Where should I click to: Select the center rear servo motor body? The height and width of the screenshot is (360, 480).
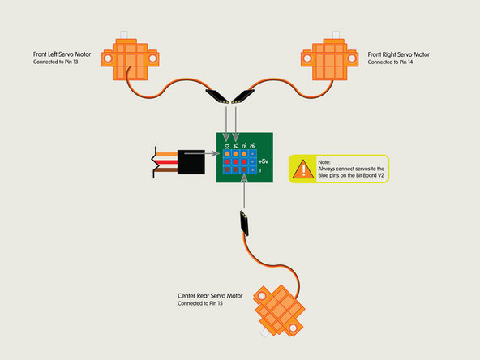(x=280, y=306)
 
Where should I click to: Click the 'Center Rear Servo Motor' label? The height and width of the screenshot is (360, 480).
(x=210, y=296)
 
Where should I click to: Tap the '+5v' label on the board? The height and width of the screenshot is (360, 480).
(x=264, y=161)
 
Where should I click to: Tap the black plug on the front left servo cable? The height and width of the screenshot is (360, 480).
(x=216, y=97)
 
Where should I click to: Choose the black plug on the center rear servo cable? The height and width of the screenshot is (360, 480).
(x=244, y=221)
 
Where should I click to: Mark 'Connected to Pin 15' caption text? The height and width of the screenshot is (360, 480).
(x=204, y=304)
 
